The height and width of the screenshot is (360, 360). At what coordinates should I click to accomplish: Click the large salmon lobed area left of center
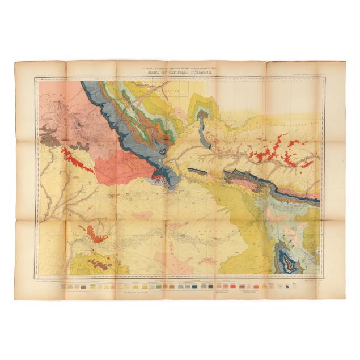pyautogui.click(x=116, y=167)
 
